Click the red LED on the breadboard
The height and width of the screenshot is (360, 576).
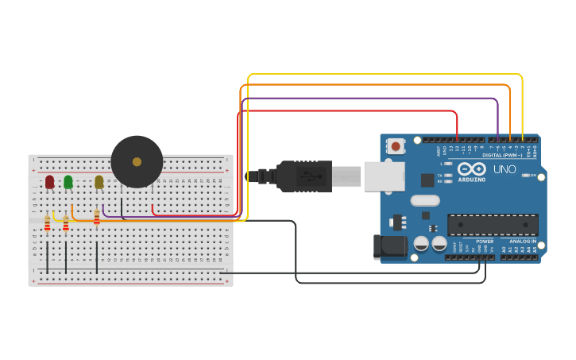[49, 182]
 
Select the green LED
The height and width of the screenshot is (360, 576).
[68, 182]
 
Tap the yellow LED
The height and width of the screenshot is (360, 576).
[99, 182]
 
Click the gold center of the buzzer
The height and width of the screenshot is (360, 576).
[137, 161]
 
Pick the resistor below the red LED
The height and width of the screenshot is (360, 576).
[47, 223]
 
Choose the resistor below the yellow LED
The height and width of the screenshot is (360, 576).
[97, 217]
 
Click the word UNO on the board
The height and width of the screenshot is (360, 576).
[504, 169]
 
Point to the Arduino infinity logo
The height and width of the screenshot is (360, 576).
[471, 168]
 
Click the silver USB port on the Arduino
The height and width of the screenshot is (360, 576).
[384, 176]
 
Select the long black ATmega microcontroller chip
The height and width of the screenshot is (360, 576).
[493, 225]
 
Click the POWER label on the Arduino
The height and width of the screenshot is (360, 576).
[485, 241]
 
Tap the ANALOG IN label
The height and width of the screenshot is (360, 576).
[522, 241]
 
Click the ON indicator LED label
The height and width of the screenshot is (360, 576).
[533, 175]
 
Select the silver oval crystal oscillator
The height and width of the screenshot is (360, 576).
[425, 201]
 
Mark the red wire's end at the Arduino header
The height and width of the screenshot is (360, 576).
[458, 139]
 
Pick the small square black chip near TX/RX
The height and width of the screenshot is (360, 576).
[427, 180]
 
